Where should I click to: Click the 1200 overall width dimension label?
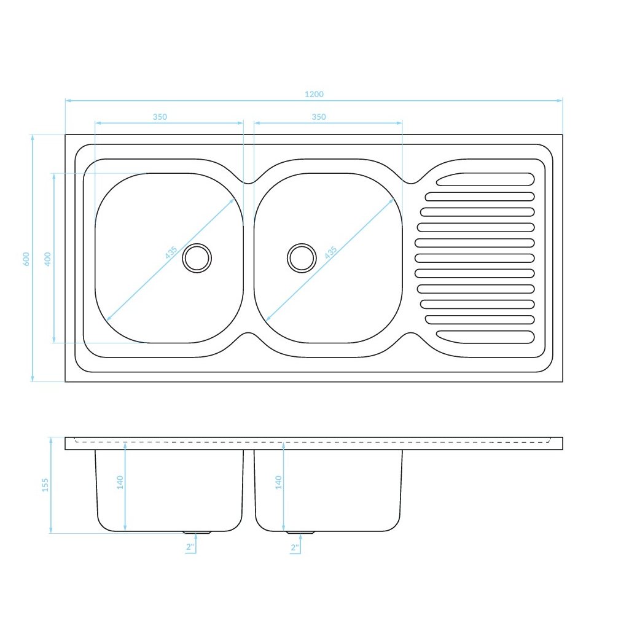point(314,94)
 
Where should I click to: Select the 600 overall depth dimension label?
point(26,259)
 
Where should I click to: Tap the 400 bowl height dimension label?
point(47,258)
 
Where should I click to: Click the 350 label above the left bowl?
point(160,117)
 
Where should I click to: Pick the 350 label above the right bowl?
point(318,117)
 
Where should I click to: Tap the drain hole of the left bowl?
point(197,257)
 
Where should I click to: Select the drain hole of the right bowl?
point(302,257)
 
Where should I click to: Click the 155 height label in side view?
point(45,485)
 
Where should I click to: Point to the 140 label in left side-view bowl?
point(120,482)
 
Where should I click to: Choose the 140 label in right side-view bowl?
point(278,482)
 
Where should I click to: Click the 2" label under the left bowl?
point(190,547)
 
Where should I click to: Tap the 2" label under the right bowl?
point(294,547)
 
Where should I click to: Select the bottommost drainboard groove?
point(485,337)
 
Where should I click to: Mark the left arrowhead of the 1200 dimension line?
point(68,100)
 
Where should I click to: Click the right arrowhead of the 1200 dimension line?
point(560,100)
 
